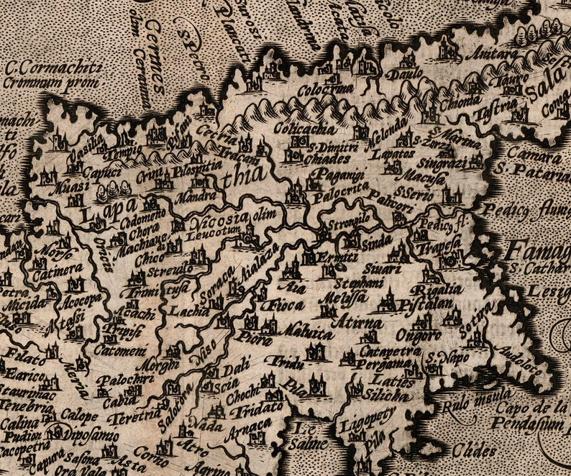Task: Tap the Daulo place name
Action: coord(399,75)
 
